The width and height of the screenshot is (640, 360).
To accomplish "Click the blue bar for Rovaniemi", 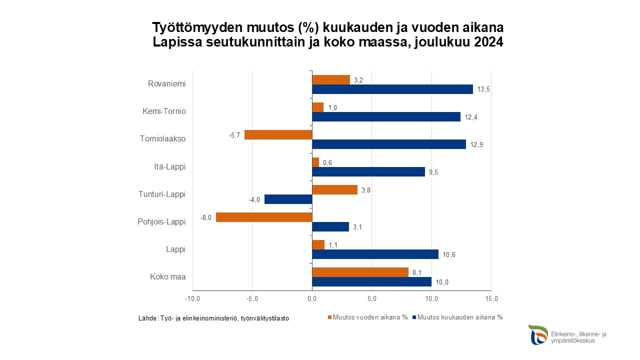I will pyautogui.click(x=392, y=89).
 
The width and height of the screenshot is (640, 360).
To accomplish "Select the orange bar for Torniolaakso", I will pyautogui.click(x=278, y=134).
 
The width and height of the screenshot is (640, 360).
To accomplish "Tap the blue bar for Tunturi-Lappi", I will pyautogui.click(x=288, y=199).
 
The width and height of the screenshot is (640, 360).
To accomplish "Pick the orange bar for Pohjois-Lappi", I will pyautogui.click(x=264, y=217).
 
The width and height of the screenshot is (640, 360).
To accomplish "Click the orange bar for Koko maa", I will pyautogui.click(x=360, y=272).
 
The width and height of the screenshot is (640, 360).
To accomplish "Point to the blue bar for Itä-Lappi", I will pyautogui.click(x=368, y=172).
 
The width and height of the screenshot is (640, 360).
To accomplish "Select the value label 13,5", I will pyautogui.click(x=482, y=89).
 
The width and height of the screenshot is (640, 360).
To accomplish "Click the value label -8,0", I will pyautogui.click(x=206, y=217).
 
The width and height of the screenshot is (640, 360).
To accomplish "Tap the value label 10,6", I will pyautogui.click(x=448, y=254).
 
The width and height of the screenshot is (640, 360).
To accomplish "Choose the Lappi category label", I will pyautogui.click(x=175, y=249).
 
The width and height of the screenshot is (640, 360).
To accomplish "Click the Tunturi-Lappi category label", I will pyautogui.click(x=161, y=194).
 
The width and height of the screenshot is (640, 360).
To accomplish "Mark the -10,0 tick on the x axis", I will pyautogui.click(x=192, y=299).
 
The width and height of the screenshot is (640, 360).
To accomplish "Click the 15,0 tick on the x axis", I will pyautogui.click(x=491, y=299).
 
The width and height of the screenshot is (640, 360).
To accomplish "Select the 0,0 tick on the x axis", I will pyautogui.click(x=312, y=299).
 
